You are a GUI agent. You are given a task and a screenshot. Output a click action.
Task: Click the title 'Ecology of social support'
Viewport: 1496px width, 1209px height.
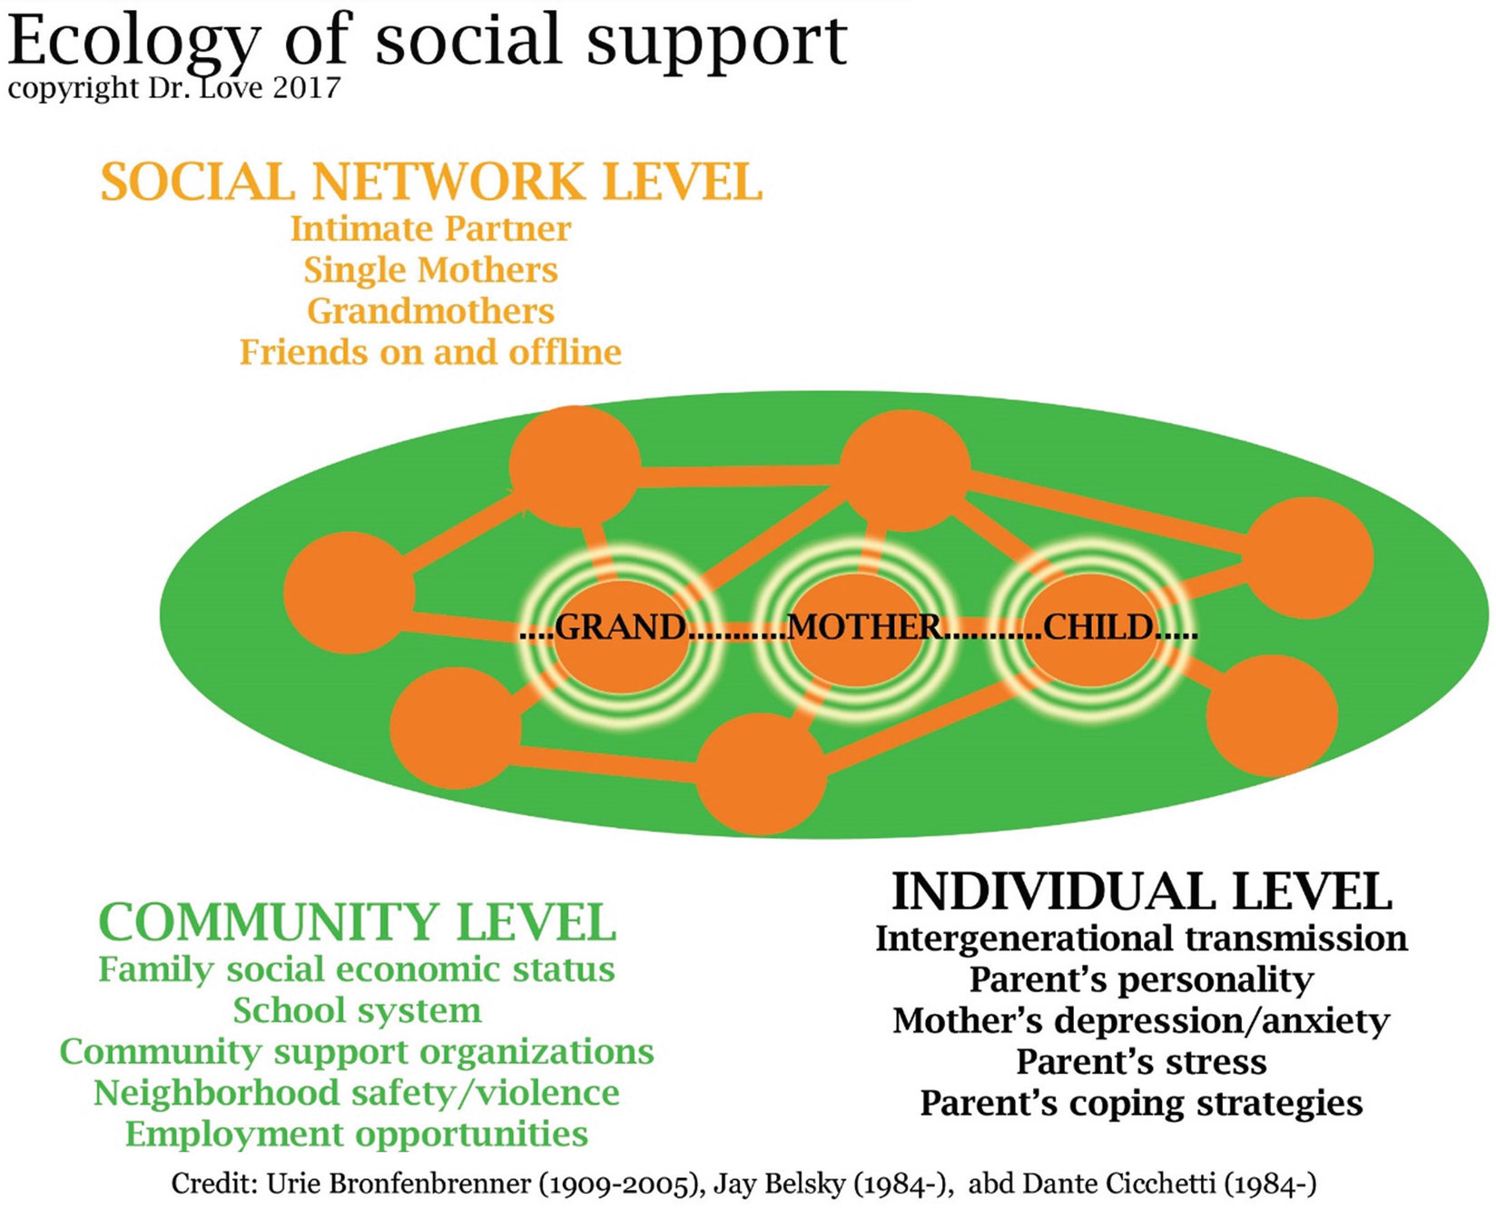(427, 41)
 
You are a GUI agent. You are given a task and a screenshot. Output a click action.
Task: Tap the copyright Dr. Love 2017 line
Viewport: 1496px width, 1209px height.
(174, 88)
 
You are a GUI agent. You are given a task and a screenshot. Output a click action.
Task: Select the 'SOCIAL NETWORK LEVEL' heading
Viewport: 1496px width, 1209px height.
(431, 182)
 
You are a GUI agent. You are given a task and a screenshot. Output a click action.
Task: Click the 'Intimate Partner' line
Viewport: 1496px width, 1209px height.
(430, 229)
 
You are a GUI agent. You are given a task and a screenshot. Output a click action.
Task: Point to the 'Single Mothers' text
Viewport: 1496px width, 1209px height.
(430, 270)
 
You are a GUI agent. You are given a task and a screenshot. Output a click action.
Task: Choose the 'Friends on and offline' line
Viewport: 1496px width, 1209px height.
(430, 351)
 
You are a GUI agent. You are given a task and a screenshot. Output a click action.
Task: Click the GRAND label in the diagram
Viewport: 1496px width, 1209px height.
(620, 627)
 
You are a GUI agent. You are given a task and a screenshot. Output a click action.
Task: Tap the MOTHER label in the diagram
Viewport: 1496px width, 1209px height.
(864, 627)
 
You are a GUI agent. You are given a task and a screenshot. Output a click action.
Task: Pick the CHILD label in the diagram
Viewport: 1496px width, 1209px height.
(1098, 627)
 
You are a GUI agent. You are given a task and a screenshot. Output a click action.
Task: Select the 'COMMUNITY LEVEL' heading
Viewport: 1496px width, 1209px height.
(357, 922)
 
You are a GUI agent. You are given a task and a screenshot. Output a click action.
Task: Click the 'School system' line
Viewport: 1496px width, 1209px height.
(357, 1010)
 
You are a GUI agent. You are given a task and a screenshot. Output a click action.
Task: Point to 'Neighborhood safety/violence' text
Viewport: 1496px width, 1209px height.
(357, 1093)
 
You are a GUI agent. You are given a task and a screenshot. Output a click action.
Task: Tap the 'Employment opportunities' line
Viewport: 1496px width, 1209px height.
(357, 1134)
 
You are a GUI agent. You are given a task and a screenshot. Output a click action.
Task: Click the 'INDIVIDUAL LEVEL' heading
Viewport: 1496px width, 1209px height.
(1141, 891)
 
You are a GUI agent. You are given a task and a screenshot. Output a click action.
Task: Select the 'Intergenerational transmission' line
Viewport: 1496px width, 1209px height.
(1141, 939)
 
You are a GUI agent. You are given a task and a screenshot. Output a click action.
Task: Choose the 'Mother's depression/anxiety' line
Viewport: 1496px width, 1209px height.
(1141, 1021)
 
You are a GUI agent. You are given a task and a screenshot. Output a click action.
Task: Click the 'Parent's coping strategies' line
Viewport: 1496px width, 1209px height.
(1141, 1103)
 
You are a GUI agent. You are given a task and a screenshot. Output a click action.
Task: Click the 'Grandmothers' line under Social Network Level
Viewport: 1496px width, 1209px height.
(430, 310)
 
